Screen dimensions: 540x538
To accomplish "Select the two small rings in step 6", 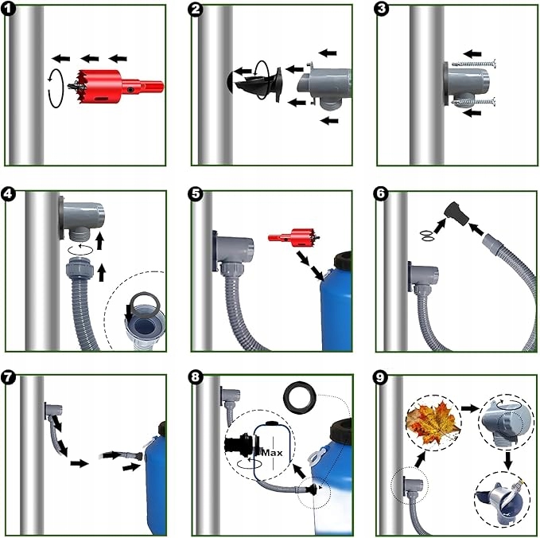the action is coord(427,235).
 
